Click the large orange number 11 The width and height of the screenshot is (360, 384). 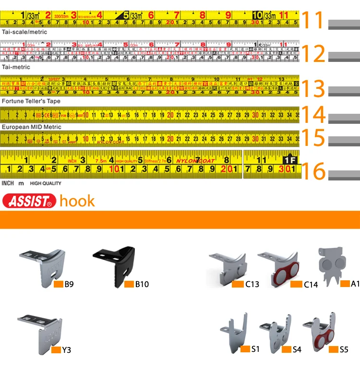314,20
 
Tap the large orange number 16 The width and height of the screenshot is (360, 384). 314,171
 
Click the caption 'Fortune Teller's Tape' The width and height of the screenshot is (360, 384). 31,102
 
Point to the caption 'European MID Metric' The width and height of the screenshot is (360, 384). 31,127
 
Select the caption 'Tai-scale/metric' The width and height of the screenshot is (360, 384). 24,32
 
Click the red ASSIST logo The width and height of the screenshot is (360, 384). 29,201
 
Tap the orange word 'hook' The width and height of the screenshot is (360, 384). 77,201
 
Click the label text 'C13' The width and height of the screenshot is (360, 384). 252,284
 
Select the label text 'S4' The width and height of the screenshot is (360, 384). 297,349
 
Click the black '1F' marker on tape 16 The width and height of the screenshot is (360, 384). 289,159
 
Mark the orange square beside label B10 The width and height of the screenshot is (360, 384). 129,284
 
